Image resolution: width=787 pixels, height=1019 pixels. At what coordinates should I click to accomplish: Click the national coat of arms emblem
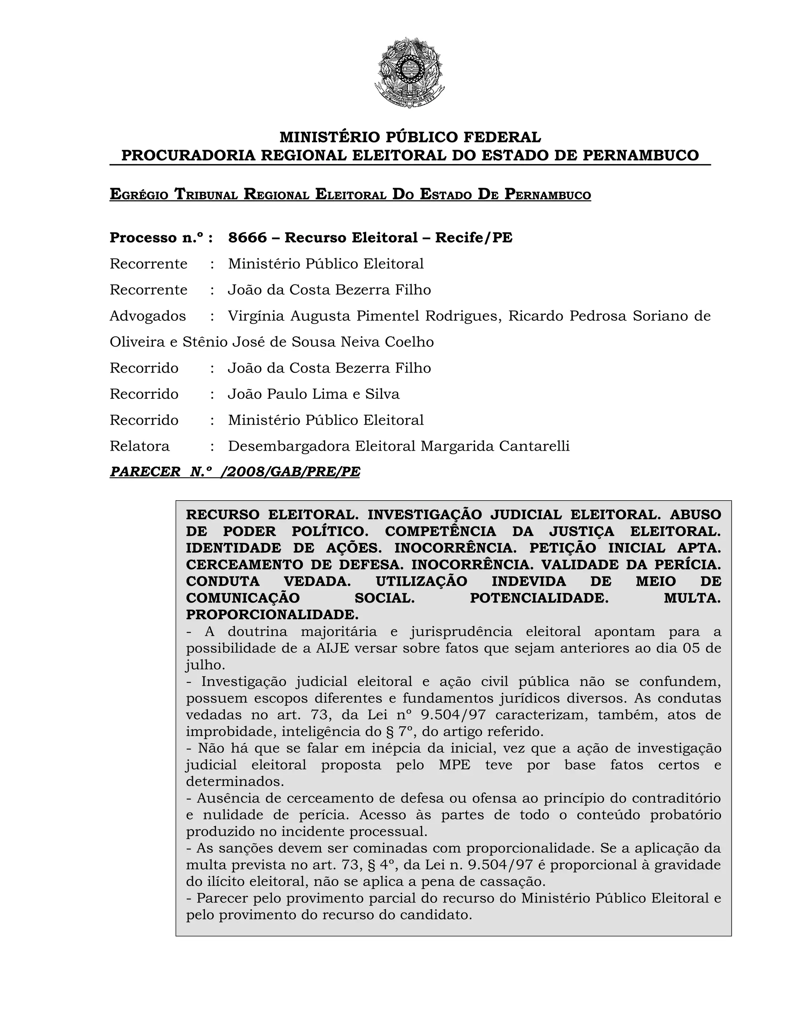pyautogui.click(x=409, y=72)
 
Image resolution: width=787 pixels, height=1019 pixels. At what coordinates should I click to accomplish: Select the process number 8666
pyautogui.click(x=247, y=238)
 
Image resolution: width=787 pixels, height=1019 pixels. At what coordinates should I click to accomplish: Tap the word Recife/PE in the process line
pyautogui.click(x=474, y=238)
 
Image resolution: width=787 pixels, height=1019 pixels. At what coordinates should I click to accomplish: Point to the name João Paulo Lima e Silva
pyautogui.click(x=313, y=394)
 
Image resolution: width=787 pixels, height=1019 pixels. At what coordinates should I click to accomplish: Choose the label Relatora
pyautogui.click(x=139, y=446)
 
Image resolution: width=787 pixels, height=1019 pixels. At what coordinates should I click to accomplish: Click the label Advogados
pyautogui.click(x=147, y=316)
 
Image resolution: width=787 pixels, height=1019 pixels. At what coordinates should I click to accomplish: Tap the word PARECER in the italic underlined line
pyautogui.click(x=145, y=472)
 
